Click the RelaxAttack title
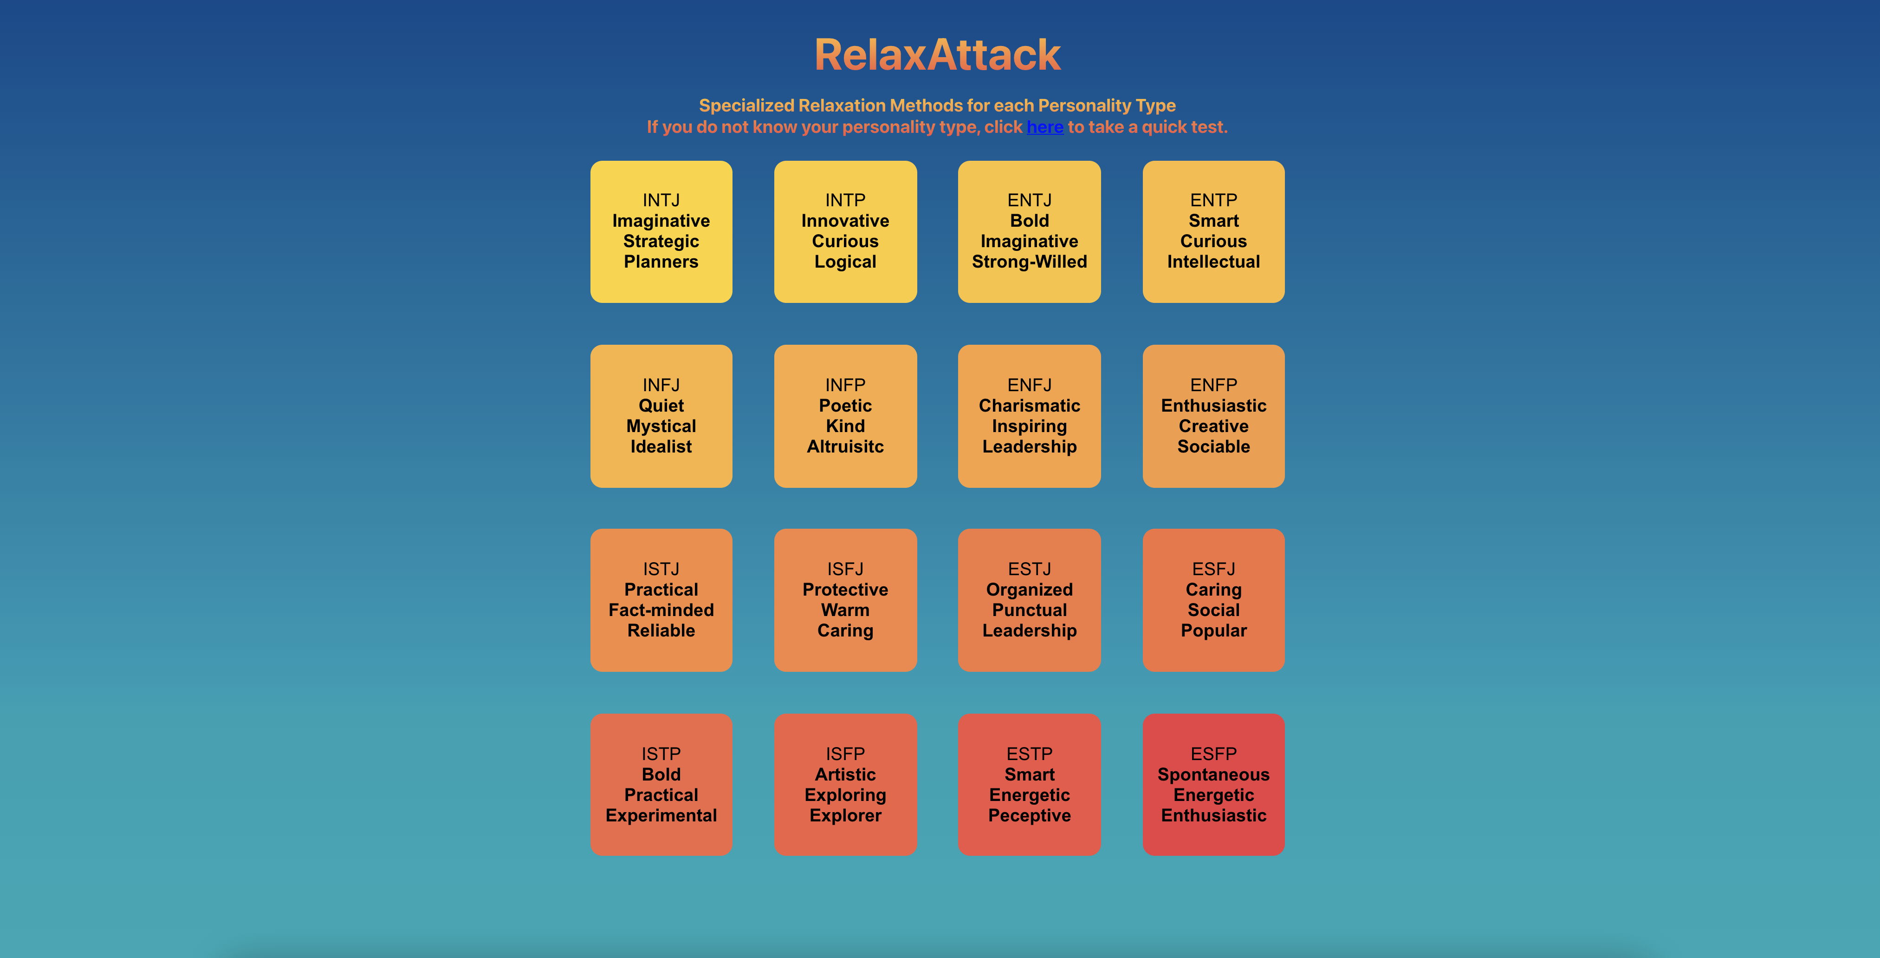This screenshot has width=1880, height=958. pyautogui.click(x=937, y=55)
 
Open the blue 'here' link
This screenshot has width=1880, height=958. pyautogui.click(x=1044, y=127)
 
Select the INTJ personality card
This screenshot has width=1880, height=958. pyautogui.click(x=661, y=231)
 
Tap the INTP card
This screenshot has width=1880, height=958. pyautogui.click(x=845, y=231)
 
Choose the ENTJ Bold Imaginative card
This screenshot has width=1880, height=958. pyautogui.click(x=1029, y=231)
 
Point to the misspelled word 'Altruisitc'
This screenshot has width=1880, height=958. pyautogui.click(x=845, y=447)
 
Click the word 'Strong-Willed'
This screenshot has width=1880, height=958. pyautogui.click(x=1029, y=262)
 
